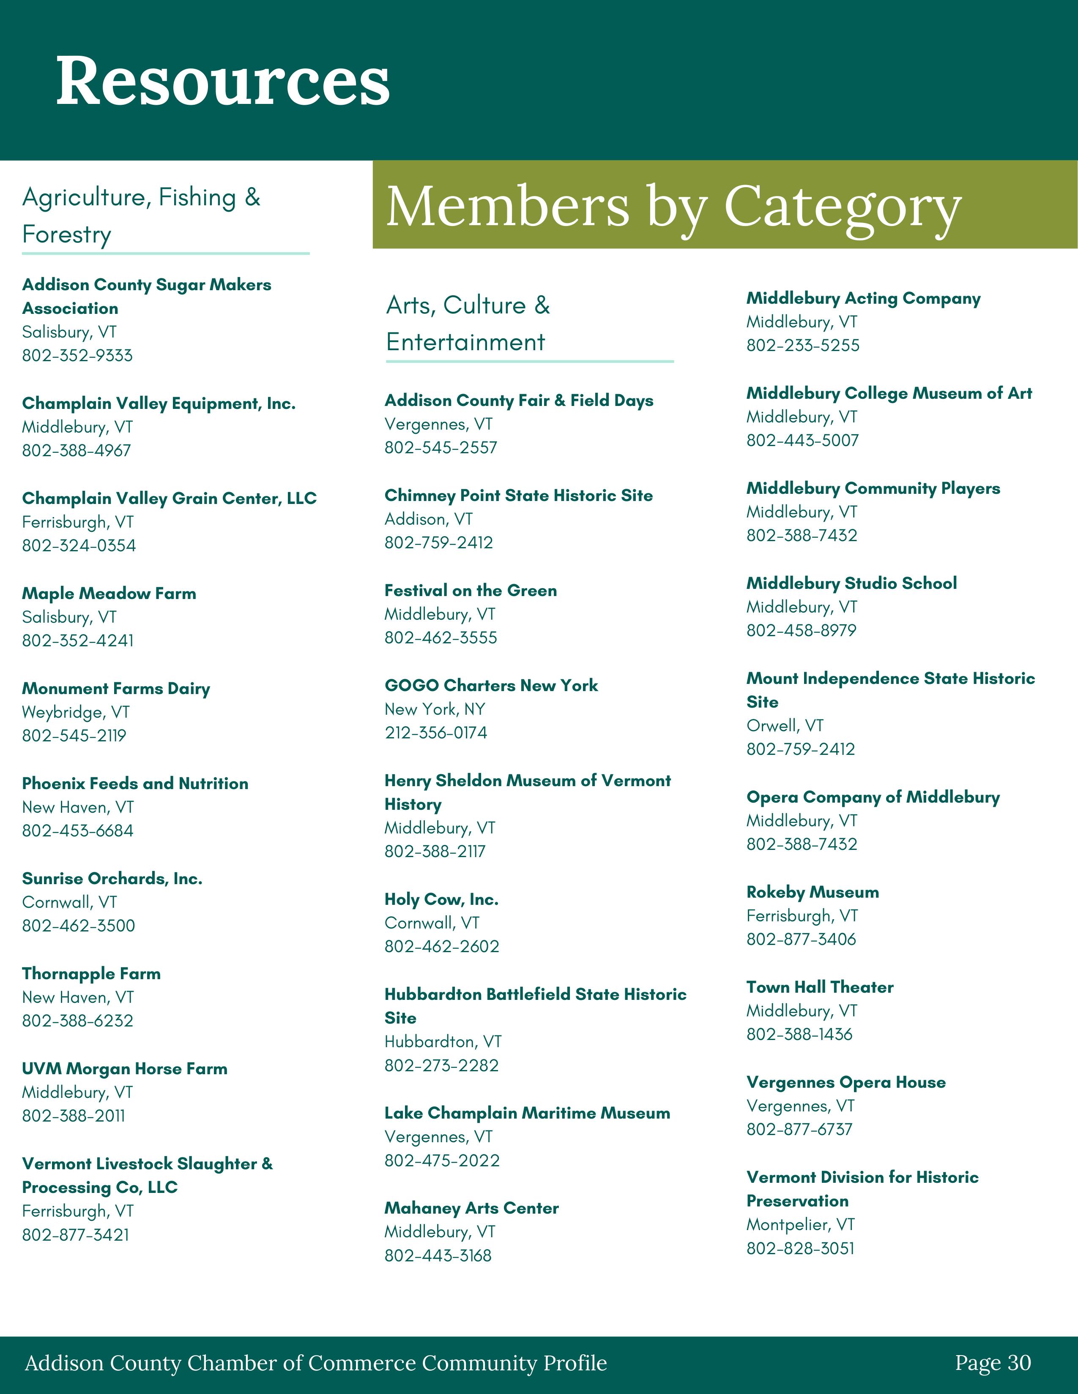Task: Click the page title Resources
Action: click(x=223, y=81)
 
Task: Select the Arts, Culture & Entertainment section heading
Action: click(x=468, y=324)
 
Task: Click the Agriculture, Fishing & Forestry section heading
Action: click(x=141, y=216)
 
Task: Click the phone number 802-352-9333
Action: click(x=77, y=356)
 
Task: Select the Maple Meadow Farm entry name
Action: click(x=109, y=594)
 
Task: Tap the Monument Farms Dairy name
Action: click(x=115, y=689)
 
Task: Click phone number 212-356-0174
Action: click(x=435, y=733)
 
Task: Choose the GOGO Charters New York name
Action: click(x=491, y=686)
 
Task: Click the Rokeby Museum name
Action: click(x=813, y=892)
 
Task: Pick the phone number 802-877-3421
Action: click(x=75, y=1235)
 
